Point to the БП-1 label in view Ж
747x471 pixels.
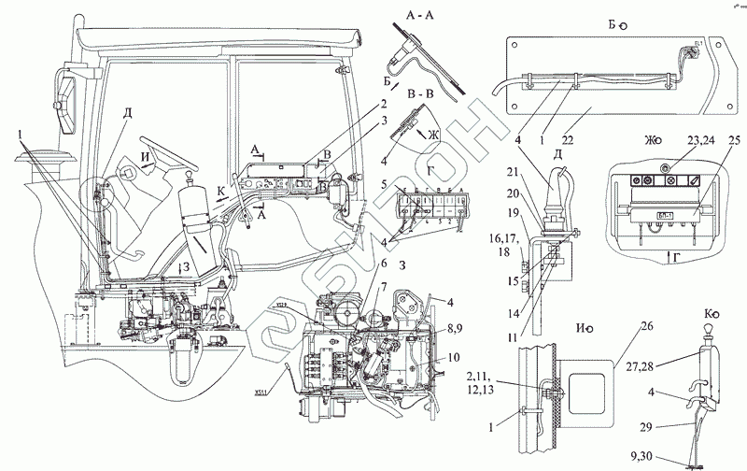[x=664, y=214]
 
